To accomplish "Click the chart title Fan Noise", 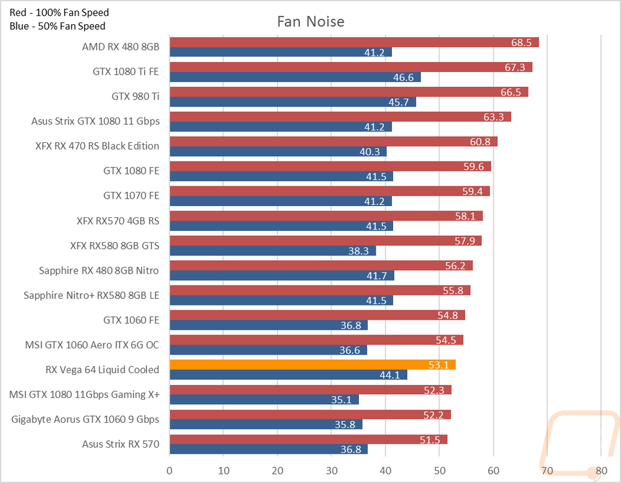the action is click(310, 21).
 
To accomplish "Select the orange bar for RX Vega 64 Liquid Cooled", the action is click(312, 364).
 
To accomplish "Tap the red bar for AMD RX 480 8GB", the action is click(354, 42).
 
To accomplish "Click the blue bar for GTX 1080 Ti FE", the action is click(295, 77).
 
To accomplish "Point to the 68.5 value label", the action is click(521, 42).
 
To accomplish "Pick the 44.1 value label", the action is click(390, 374).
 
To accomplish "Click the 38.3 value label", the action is click(358, 251).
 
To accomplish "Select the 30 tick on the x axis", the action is click(332, 471).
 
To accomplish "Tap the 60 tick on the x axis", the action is click(494, 471).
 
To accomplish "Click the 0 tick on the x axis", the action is click(170, 471).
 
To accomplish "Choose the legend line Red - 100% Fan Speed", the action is click(59, 12).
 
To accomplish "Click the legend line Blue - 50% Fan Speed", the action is click(57, 26).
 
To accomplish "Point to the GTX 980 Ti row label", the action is click(135, 96).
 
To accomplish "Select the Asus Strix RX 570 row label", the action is click(121, 444).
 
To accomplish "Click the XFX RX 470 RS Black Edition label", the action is click(97, 146).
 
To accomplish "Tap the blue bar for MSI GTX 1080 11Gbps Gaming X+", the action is click(264, 399).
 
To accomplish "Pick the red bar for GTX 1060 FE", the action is click(317, 315).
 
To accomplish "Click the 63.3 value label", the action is click(494, 117).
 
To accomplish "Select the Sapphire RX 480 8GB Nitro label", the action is click(99, 271).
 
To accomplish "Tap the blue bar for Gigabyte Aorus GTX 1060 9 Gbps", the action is click(266, 425).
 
